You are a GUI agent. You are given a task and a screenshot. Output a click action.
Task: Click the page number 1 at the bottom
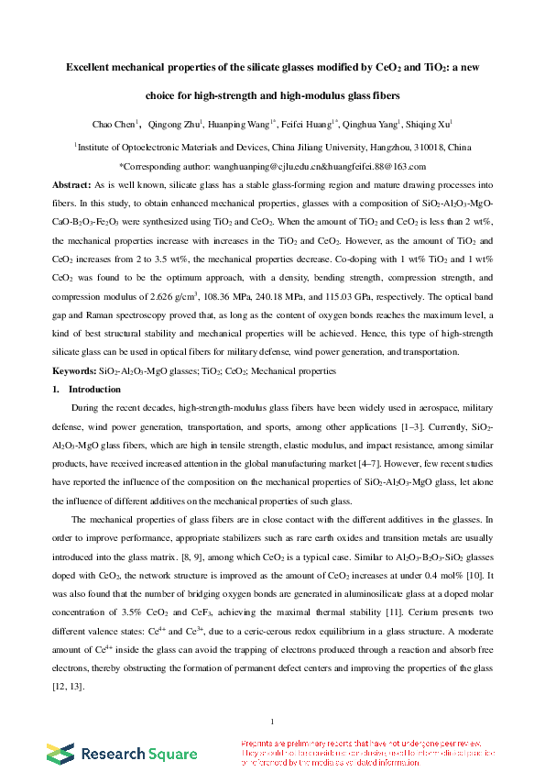tap(273, 720)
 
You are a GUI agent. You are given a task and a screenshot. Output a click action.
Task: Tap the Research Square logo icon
tap(62, 754)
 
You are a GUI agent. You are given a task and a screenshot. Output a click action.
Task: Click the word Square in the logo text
tap(170, 754)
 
